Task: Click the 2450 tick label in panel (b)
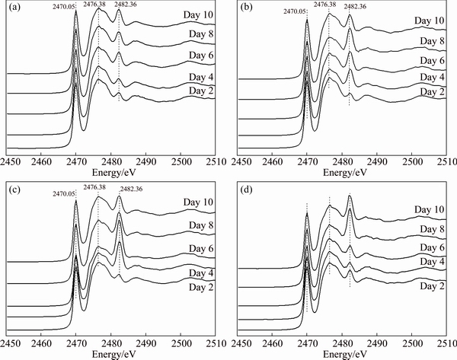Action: coord(242,162)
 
